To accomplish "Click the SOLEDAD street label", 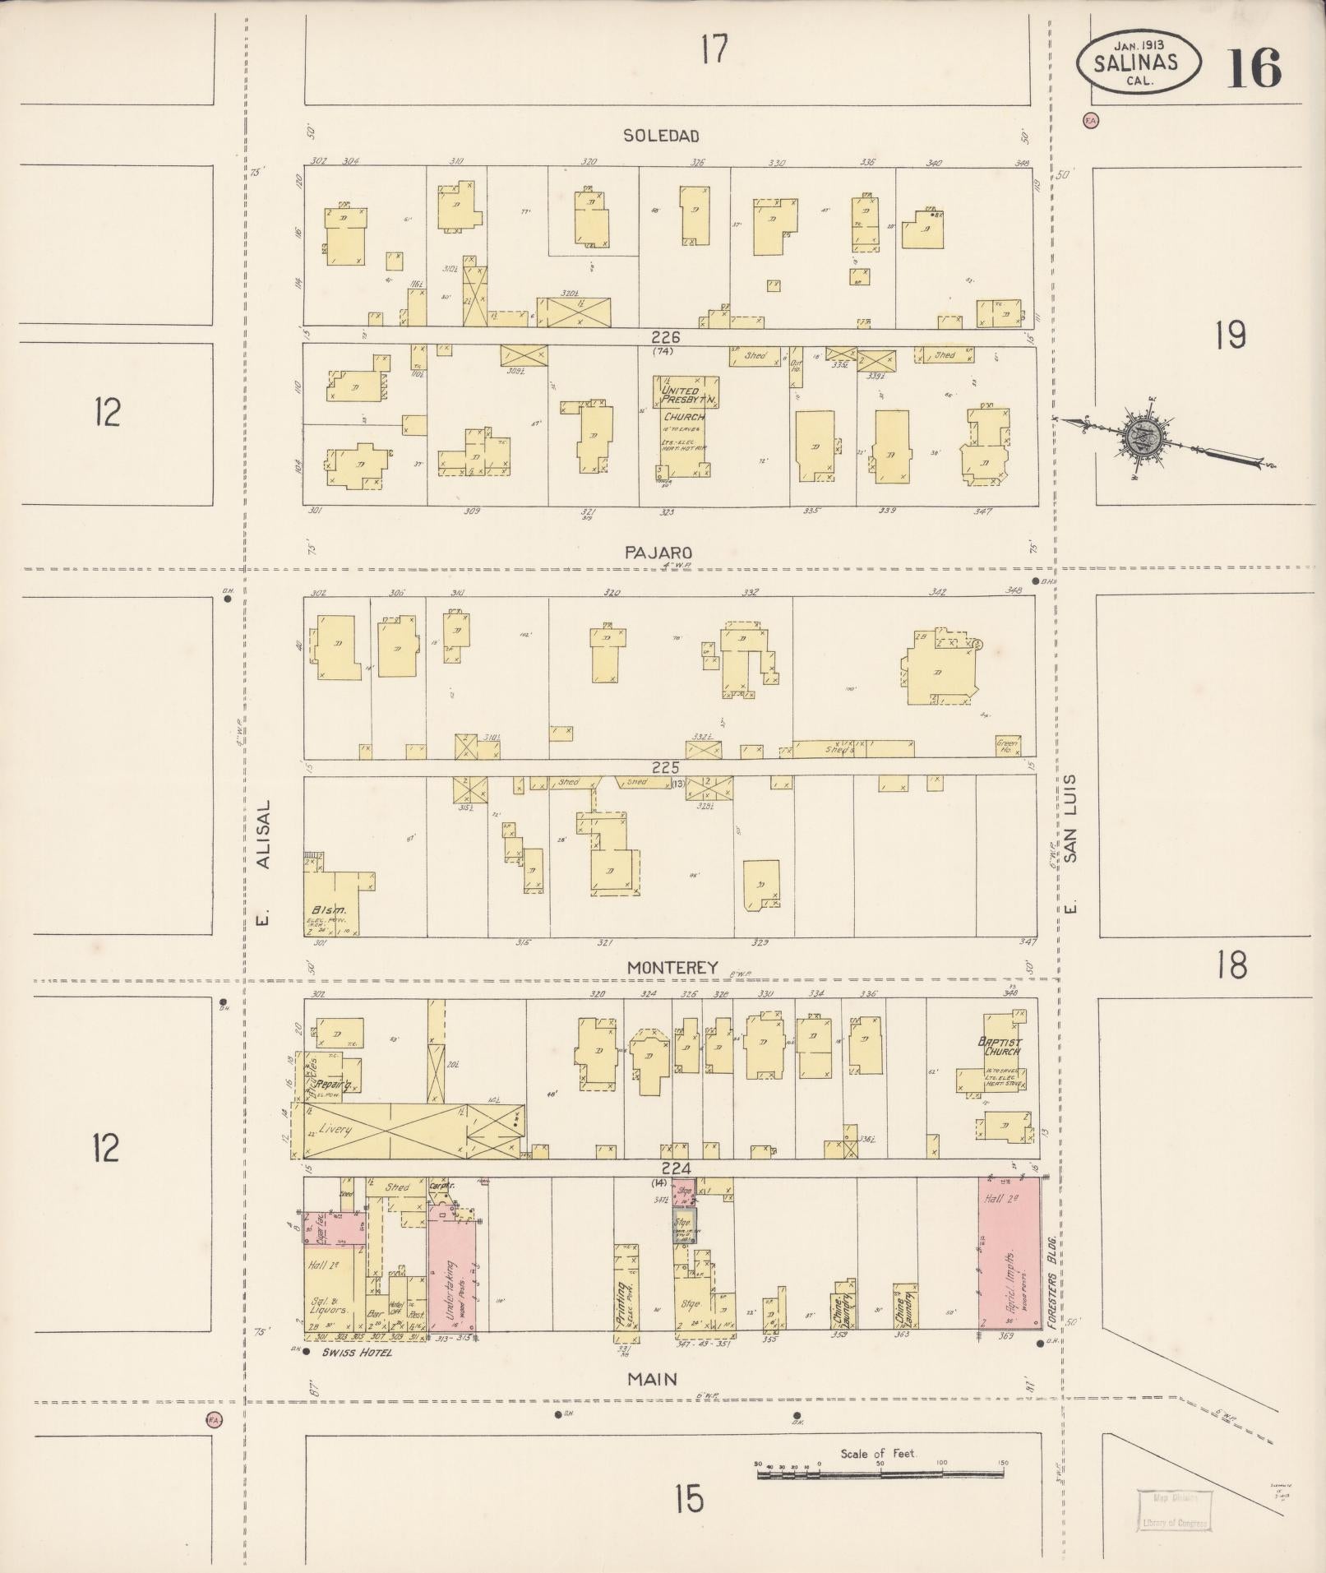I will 661,136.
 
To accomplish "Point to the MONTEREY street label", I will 672,968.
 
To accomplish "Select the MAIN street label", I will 652,1379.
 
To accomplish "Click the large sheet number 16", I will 1254,67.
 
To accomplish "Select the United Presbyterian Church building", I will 685,426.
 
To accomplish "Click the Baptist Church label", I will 999,1046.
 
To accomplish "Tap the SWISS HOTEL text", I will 357,1353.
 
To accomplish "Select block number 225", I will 664,767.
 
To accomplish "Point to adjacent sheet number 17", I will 714,50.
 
